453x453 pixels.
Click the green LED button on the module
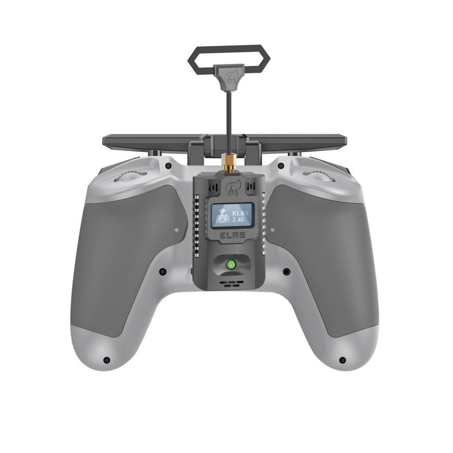pos(230,265)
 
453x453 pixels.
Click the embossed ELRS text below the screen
pos(233,235)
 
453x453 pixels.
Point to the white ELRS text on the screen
pos(240,213)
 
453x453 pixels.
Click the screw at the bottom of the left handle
pos(106,360)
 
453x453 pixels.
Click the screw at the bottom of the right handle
pos(342,360)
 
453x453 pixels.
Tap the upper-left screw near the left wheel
pos(168,166)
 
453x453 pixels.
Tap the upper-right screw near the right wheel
pos(281,166)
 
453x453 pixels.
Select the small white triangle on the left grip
pos(177,230)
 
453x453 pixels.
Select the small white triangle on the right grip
pos(273,230)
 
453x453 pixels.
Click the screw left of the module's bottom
pos(162,271)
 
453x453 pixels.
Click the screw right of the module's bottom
pos(286,271)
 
